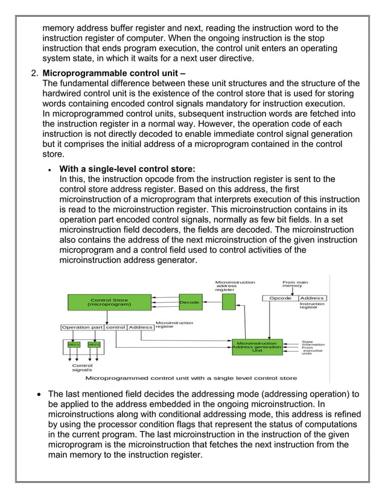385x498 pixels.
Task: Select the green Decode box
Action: (189, 302)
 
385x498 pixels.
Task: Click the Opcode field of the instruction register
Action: (280, 298)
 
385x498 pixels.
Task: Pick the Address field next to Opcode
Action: (312, 298)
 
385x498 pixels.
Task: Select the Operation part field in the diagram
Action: (82, 327)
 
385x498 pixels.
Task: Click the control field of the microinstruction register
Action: (115, 327)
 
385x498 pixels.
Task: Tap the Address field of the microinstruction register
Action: (140, 327)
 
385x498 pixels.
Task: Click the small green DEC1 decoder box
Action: (74, 344)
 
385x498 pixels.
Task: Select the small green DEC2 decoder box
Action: (94, 344)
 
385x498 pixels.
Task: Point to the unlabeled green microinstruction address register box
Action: (229, 301)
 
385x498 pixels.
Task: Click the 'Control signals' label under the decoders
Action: (82, 367)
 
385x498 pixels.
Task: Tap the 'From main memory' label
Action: (296, 283)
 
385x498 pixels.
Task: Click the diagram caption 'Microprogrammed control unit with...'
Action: (191, 378)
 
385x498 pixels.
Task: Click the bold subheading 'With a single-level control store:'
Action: (127, 169)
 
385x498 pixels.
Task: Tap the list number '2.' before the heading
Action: (34, 74)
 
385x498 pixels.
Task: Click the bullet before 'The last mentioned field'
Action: (40, 394)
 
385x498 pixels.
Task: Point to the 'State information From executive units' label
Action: (312, 347)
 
